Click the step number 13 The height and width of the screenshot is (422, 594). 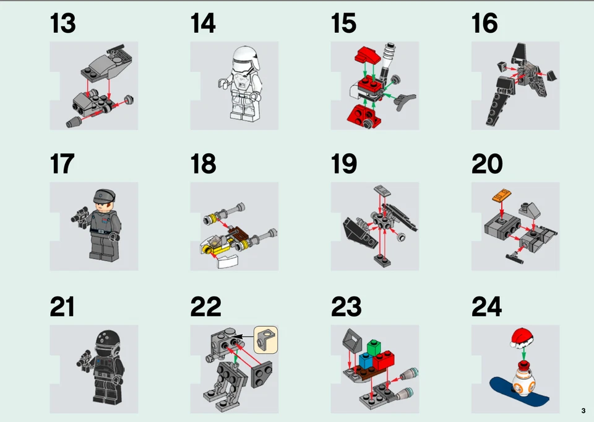(62, 24)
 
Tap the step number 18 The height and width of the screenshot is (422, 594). (203, 164)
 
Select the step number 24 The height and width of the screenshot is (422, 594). (486, 307)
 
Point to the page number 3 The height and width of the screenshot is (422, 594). (583, 411)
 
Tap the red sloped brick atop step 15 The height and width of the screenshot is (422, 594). (366, 55)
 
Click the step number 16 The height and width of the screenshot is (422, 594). (484, 24)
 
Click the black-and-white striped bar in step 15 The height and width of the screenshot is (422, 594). (388, 58)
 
